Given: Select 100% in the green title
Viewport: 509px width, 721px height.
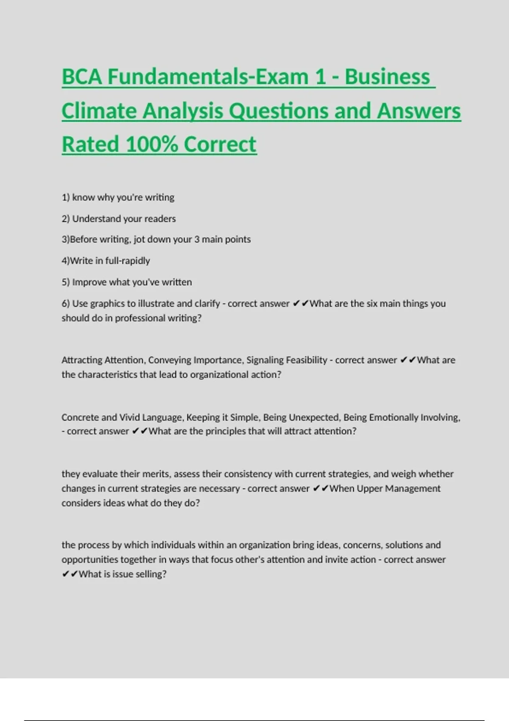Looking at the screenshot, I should coord(151,145).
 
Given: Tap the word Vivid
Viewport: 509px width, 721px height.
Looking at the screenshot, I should coord(129,417).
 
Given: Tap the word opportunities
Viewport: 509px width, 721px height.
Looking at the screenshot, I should coord(89,560).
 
